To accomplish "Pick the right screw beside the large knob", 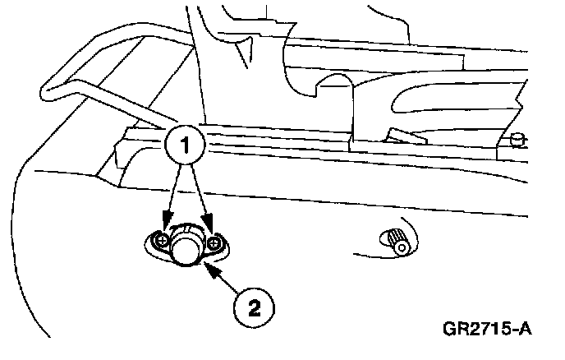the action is [x=215, y=242].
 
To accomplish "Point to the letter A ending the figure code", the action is [x=523, y=330].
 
